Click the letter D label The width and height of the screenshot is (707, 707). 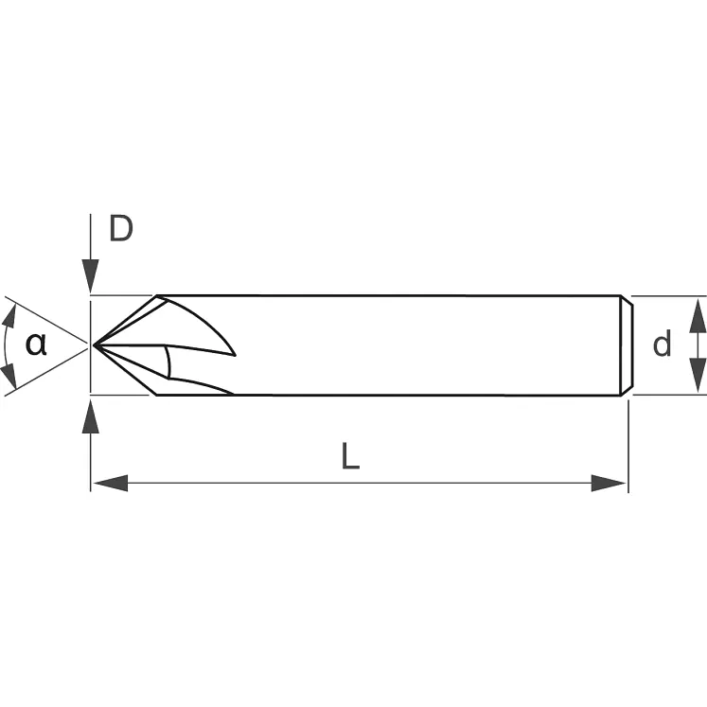(x=120, y=229)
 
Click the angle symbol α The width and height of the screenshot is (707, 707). (x=36, y=344)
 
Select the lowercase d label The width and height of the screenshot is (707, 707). (x=662, y=345)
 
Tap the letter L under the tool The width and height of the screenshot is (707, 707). (x=350, y=458)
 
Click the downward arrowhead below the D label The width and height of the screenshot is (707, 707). (x=91, y=278)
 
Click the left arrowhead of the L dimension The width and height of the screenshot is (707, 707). (x=110, y=484)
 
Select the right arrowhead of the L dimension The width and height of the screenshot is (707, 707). (x=609, y=484)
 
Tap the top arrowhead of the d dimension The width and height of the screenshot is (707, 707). (x=697, y=312)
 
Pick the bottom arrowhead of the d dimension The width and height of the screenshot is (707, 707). (x=697, y=377)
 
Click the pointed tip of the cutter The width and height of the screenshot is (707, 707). (x=95, y=345)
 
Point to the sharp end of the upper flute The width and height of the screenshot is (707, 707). (x=234, y=355)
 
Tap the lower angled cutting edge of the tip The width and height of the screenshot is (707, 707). (x=126, y=370)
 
